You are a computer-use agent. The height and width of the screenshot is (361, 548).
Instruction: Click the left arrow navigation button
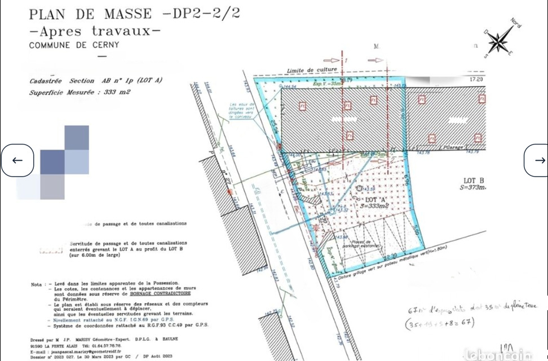[17, 160]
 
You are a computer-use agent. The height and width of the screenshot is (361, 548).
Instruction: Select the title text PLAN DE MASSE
[91, 14]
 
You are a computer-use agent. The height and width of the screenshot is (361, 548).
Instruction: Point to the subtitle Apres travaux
[95, 30]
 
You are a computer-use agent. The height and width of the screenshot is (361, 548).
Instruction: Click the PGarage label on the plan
[454, 147]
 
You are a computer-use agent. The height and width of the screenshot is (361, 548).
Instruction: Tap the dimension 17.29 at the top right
[476, 81]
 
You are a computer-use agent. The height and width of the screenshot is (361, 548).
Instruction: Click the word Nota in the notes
[37, 284]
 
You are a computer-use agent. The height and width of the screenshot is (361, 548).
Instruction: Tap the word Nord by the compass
[515, 23]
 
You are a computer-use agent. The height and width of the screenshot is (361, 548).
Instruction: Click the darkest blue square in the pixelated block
[52, 162]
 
